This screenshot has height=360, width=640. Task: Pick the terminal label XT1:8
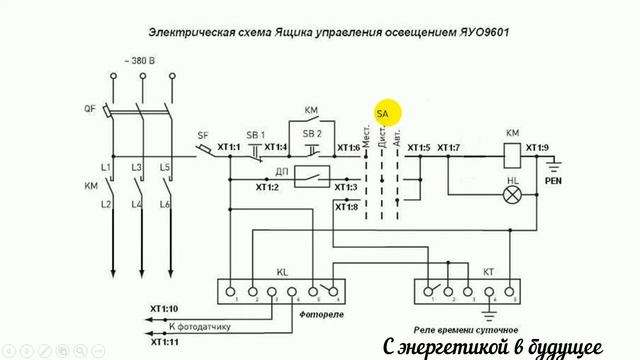346,207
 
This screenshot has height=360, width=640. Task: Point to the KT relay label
460,272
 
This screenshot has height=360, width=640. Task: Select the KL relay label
281,272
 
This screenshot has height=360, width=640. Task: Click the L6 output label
166,204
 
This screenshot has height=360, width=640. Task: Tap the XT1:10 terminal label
165,309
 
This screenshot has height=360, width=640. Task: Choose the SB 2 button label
312,134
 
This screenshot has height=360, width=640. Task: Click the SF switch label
203,134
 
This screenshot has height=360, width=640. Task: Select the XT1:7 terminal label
448,148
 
